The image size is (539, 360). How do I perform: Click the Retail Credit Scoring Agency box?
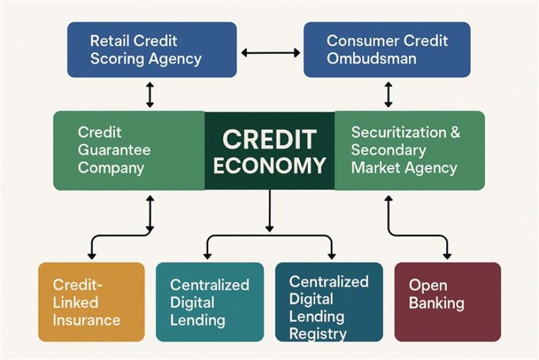pyautogui.click(x=152, y=50)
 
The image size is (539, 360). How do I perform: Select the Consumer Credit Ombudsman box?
pyautogui.click(x=387, y=50)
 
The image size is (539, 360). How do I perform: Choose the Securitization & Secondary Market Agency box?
pyautogui.click(x=410, y=151)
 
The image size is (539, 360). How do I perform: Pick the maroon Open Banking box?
pyautogui.click(x=447, y=302)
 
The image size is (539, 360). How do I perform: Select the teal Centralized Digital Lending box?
pyautogui.click(x=209, y=302)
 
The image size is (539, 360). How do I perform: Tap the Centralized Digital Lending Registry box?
pyautogui.click(x=328, y=302)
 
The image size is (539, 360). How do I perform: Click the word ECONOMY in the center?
pyautogui.click(x=269, y=165)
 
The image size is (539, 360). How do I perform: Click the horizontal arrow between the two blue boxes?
pyautogui.click(x=270, y=53)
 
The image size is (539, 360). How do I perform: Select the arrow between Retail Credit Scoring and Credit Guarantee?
pyautogui.click(x=150, y=95)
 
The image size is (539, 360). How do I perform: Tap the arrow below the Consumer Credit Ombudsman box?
pyautogui.click(x=388, y=95)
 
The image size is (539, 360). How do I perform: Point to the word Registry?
pyautogui.click(x=318, y=334)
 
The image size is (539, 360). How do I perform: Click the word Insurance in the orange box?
pyautogui.click(x=86, y=320)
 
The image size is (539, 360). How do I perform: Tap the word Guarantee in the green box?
pyautogui.click(x=114, y=150)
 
